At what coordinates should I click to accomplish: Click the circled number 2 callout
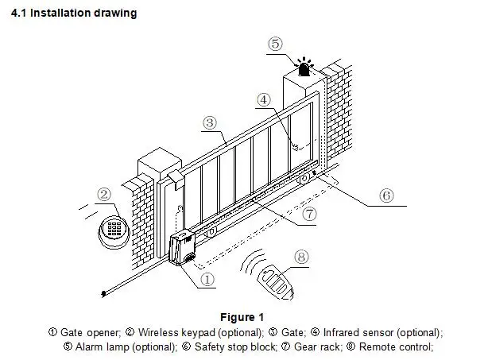(104, 194)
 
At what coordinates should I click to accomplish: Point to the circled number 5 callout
(274, 44)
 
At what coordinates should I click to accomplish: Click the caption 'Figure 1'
(243, 318)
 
